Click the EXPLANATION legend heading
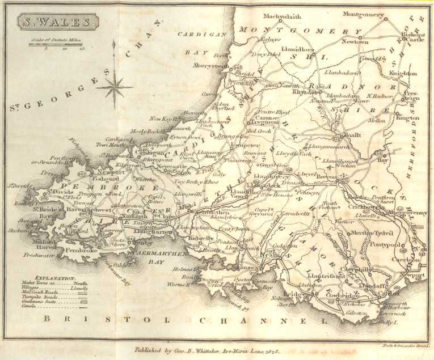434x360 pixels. (x=55, y=278)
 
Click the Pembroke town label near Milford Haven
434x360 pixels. (x=82, y=249)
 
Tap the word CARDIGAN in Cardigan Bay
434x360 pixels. (x=197, y=34)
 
